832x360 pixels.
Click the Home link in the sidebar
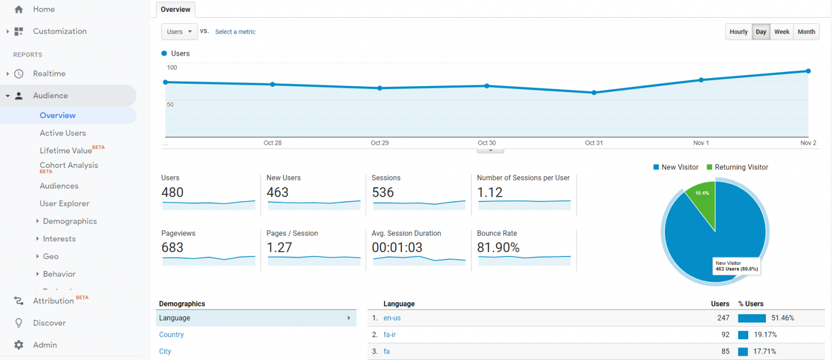pos(44,9)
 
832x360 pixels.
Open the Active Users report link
pos(62,133)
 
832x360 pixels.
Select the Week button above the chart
pos(782,32)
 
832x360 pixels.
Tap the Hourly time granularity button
pos(738,32)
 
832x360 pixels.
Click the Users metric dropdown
pos(179,32)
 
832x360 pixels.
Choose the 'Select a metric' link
pos(235,32)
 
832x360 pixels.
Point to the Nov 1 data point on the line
pos(701,80)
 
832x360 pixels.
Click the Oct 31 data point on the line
pos(594,93)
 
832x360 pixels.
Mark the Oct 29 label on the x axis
pos(380,143)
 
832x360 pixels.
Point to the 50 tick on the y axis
pos(170,105)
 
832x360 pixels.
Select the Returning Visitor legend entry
pos(737,167)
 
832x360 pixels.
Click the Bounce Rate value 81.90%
pos(498,248)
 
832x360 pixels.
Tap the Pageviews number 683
pos(172,248)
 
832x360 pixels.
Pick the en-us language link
pos(392,318)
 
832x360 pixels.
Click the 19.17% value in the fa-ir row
pos(765,335)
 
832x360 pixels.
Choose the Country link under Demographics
pos(171,335)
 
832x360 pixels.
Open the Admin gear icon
pos(19,345)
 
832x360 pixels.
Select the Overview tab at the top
pos(175,9)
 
